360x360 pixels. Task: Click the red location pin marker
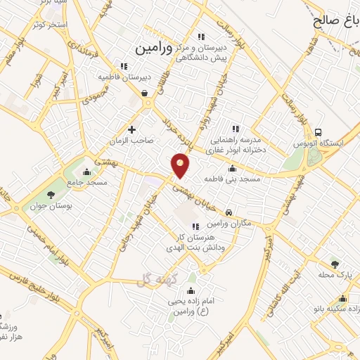point(181,165)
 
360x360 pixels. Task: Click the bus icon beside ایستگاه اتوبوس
point(319,132)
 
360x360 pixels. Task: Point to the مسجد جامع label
point(87,182)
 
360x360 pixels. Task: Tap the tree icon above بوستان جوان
point(51,195)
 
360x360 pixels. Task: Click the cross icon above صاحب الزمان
point(132,129)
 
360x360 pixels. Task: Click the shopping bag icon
point(144,93)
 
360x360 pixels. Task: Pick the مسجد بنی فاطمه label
point(232,179)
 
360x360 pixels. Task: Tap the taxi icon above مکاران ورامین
point(229,212)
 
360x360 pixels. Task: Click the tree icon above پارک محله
point(335,264)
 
